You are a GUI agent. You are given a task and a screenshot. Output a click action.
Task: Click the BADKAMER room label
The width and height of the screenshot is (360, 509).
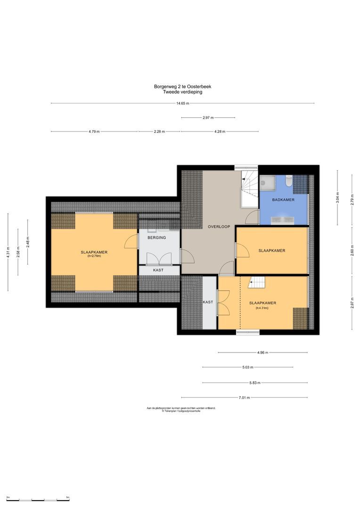click(284, 200)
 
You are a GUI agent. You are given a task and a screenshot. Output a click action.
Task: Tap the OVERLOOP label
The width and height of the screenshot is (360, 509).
click(219, 227)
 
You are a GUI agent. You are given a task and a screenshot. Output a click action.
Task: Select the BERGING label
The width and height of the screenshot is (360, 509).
click(156, 238)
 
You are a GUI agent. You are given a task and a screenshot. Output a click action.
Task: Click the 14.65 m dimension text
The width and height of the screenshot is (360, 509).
click(182, 104)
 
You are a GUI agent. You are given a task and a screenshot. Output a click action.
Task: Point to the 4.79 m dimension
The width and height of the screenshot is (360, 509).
click(94, 132)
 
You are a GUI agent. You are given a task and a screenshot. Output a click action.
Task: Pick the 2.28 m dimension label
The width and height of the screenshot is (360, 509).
click(159, 132)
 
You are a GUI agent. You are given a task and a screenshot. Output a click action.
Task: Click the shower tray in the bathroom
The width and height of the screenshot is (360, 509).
click(268, 182)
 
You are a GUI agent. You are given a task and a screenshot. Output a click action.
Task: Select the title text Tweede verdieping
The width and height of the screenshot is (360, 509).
click(182, 92)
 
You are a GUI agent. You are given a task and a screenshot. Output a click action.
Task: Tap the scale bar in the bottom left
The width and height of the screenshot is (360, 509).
click(38, 499)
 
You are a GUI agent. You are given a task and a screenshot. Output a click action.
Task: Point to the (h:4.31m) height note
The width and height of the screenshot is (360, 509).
click(262, 308)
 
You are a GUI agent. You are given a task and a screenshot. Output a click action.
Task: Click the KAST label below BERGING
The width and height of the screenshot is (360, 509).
click(158, 271)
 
